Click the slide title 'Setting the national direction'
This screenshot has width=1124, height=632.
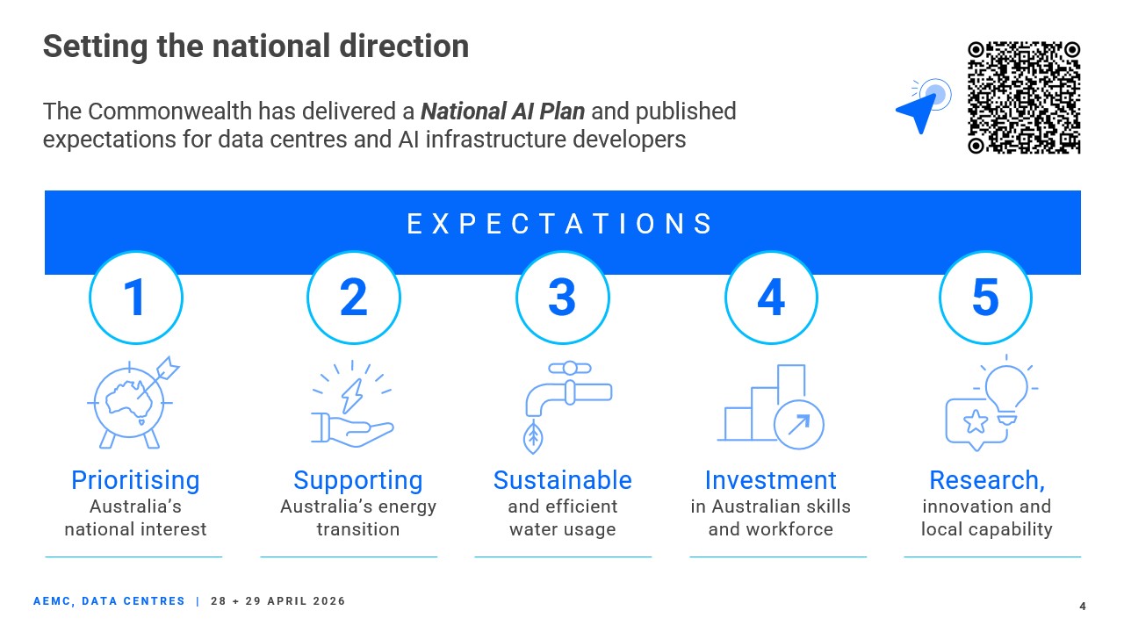pyautogui.click(x=256, y=47)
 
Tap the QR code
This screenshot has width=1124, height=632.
pyautogui.click(x=1024, y=97)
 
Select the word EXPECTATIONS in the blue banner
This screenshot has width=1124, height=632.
pyautogui.click(x=559, y=224)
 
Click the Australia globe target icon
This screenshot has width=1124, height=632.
pyautogui.click(x=133, y=402)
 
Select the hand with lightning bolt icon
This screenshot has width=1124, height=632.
pyautogui.click(x=352, y=404)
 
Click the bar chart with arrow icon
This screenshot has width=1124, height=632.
pyautogui.click(x=771, y=406)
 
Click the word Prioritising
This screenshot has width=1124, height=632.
pyautogui.click(x=135, y=480)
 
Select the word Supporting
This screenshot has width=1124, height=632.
pyautogui.click(x=358, y=480)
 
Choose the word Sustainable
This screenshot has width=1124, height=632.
pyautogui.click(x=563, y=480)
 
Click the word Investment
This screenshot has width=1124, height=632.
pyautogui.click(x=771, y=480)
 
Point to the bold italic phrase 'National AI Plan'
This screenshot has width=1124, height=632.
pyautogui.click(x=503, y=111)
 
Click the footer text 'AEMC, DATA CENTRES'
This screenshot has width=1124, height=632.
pyautogui.click(x=110, y=601)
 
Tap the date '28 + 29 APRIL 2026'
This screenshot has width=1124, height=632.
pyautogui.click(x=278, y=601)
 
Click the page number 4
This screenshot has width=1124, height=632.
pyautogui.click(x=1083, y=607)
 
